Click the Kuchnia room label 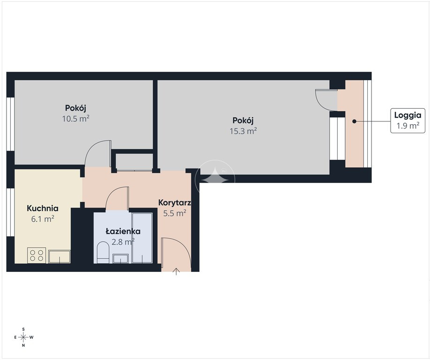click(x=43, y=208)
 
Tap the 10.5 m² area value click(x=76, y=119)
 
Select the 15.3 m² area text click(x=243, y=131)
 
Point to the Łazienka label click(x=123, y=231)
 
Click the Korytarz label click(x=175, y=203)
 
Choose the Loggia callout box click(x=408, y=121)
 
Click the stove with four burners click(x=37, y=255)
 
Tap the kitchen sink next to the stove click(x=59, y=256)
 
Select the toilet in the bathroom click(x=103, y=252)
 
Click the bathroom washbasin click(x=120, y=258)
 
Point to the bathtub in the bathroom click(x=142, y=238)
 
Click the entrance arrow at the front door click(x=176, y=271)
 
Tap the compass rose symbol click(x=23, y=337)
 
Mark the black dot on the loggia click(x=354, y=121)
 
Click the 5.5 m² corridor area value click(x=175, y=213)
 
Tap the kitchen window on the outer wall click(x=10, y=212)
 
